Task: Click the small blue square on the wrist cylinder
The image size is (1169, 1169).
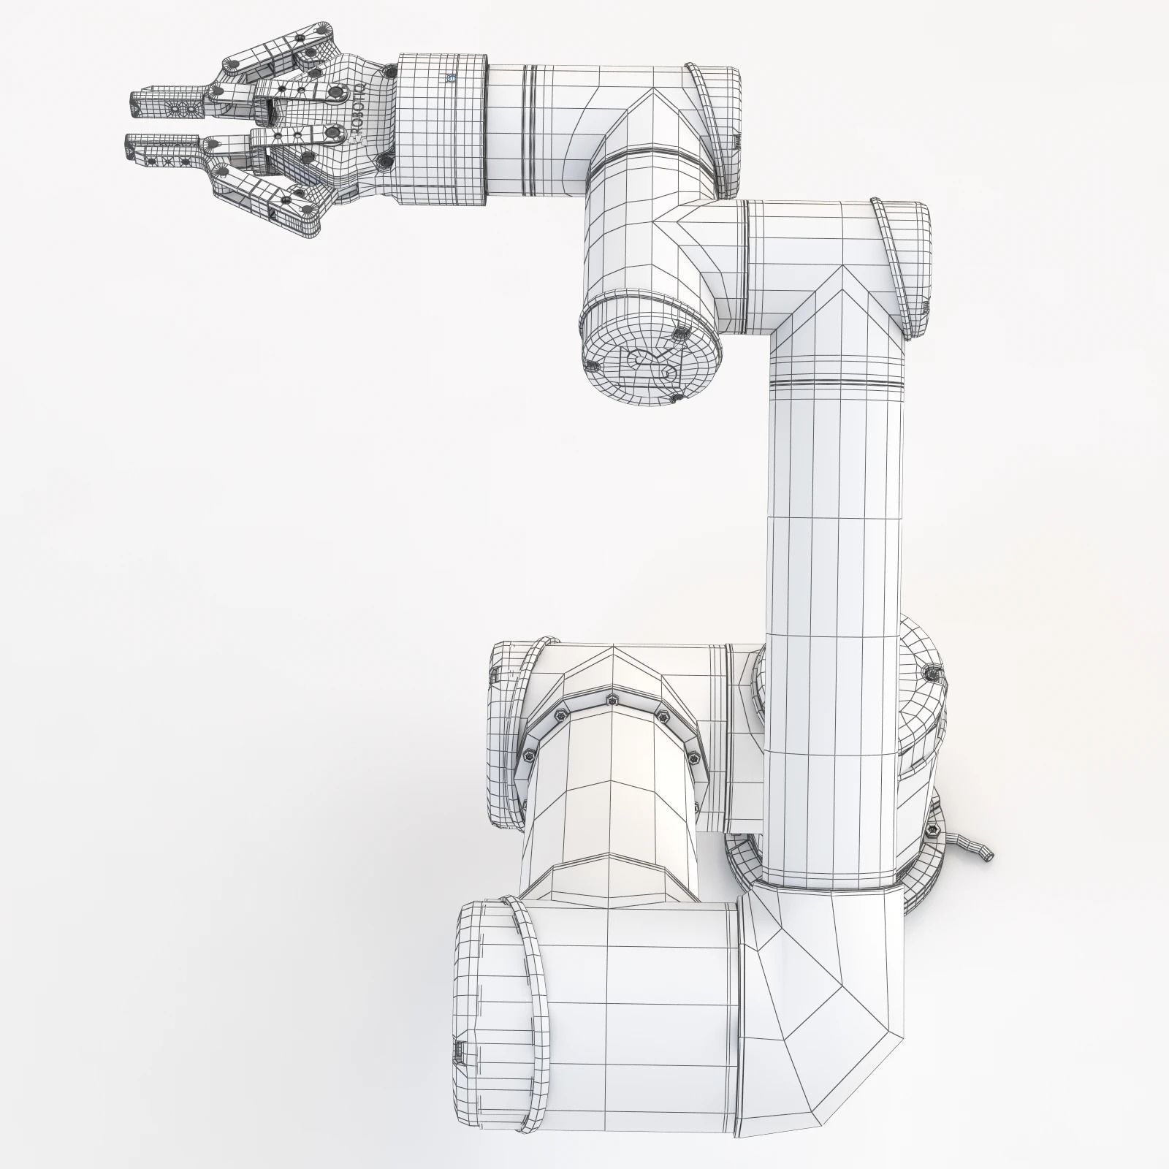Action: click(451, 77)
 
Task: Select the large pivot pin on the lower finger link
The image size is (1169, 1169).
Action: click(335, 134)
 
